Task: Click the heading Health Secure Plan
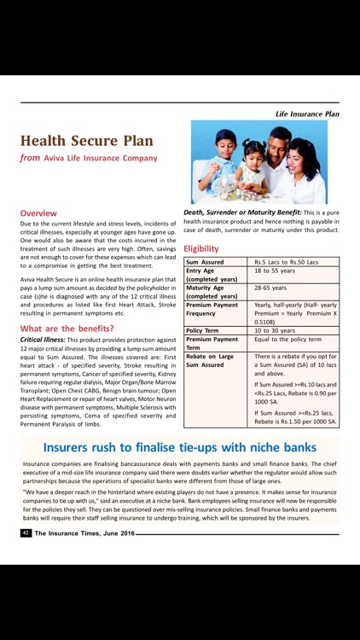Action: (87, 141)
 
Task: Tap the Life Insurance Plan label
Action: (307, 113)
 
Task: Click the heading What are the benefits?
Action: (67, 328)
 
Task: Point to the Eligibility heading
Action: (200, 248)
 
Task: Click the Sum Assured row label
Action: (206, 262)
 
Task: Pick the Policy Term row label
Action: (206, 329)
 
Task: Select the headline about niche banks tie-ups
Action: (179, 447)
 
